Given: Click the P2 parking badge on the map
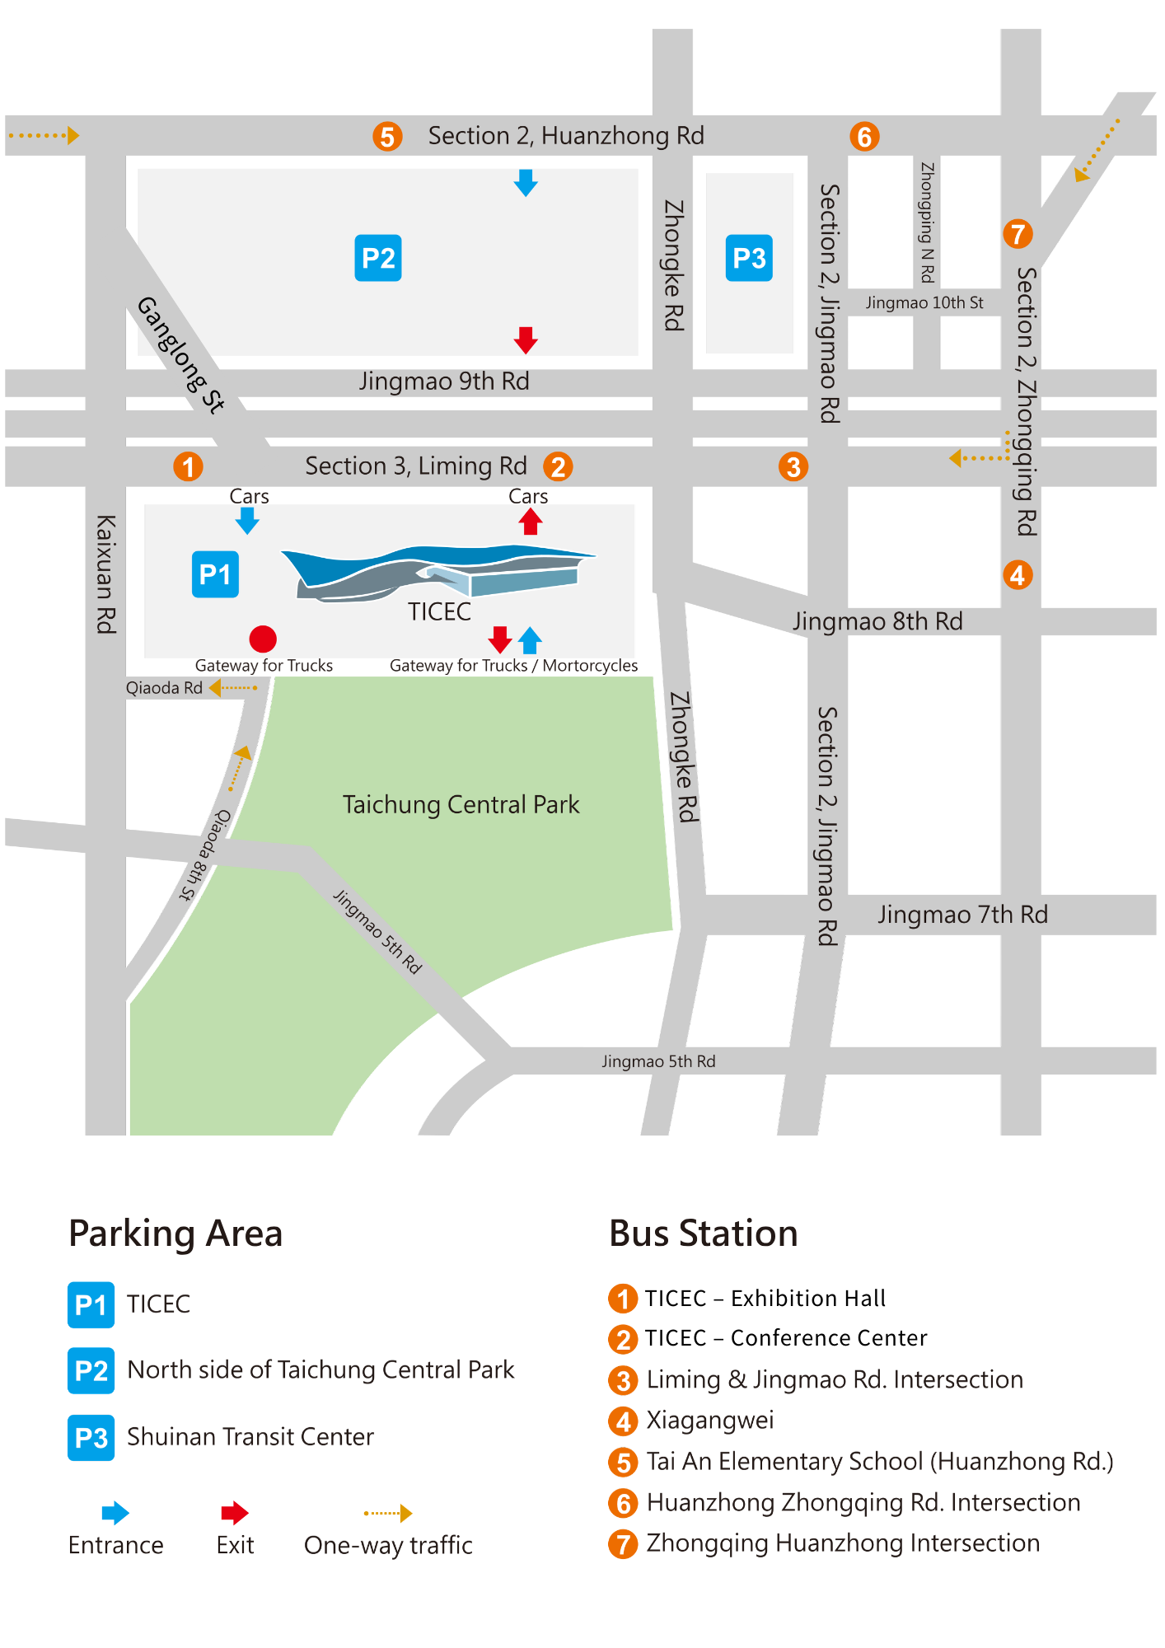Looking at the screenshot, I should coord(378,258).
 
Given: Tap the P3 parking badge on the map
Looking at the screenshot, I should coord(749,258).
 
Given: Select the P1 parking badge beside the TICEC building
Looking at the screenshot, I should coord(215,574).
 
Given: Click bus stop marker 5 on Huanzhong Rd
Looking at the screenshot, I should coord(387,136).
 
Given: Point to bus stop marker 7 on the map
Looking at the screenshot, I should coord(1018,234).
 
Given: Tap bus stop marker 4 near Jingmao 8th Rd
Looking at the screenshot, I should coord(1018,574).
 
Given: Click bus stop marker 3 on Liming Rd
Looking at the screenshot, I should coord(793,467).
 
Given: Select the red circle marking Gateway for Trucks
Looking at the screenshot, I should coord(263,639).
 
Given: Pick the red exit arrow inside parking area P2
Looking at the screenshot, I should coord(526,339).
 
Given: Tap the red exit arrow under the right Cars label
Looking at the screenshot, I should coord(531,522).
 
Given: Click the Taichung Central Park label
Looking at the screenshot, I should coord(461,804).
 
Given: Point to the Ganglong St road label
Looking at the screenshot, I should coord(180,354).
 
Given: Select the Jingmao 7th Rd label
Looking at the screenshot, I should coord(962,915).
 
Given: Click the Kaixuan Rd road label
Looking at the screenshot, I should coord(106,574).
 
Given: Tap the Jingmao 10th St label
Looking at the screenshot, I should coord(924,302).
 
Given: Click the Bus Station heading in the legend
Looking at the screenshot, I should coord(703,1234).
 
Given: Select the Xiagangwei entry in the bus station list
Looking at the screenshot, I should coord(709,1420).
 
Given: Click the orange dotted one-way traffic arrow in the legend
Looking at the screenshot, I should coord(388,1513).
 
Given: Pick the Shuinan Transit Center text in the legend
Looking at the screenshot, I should coord(250,1437).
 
